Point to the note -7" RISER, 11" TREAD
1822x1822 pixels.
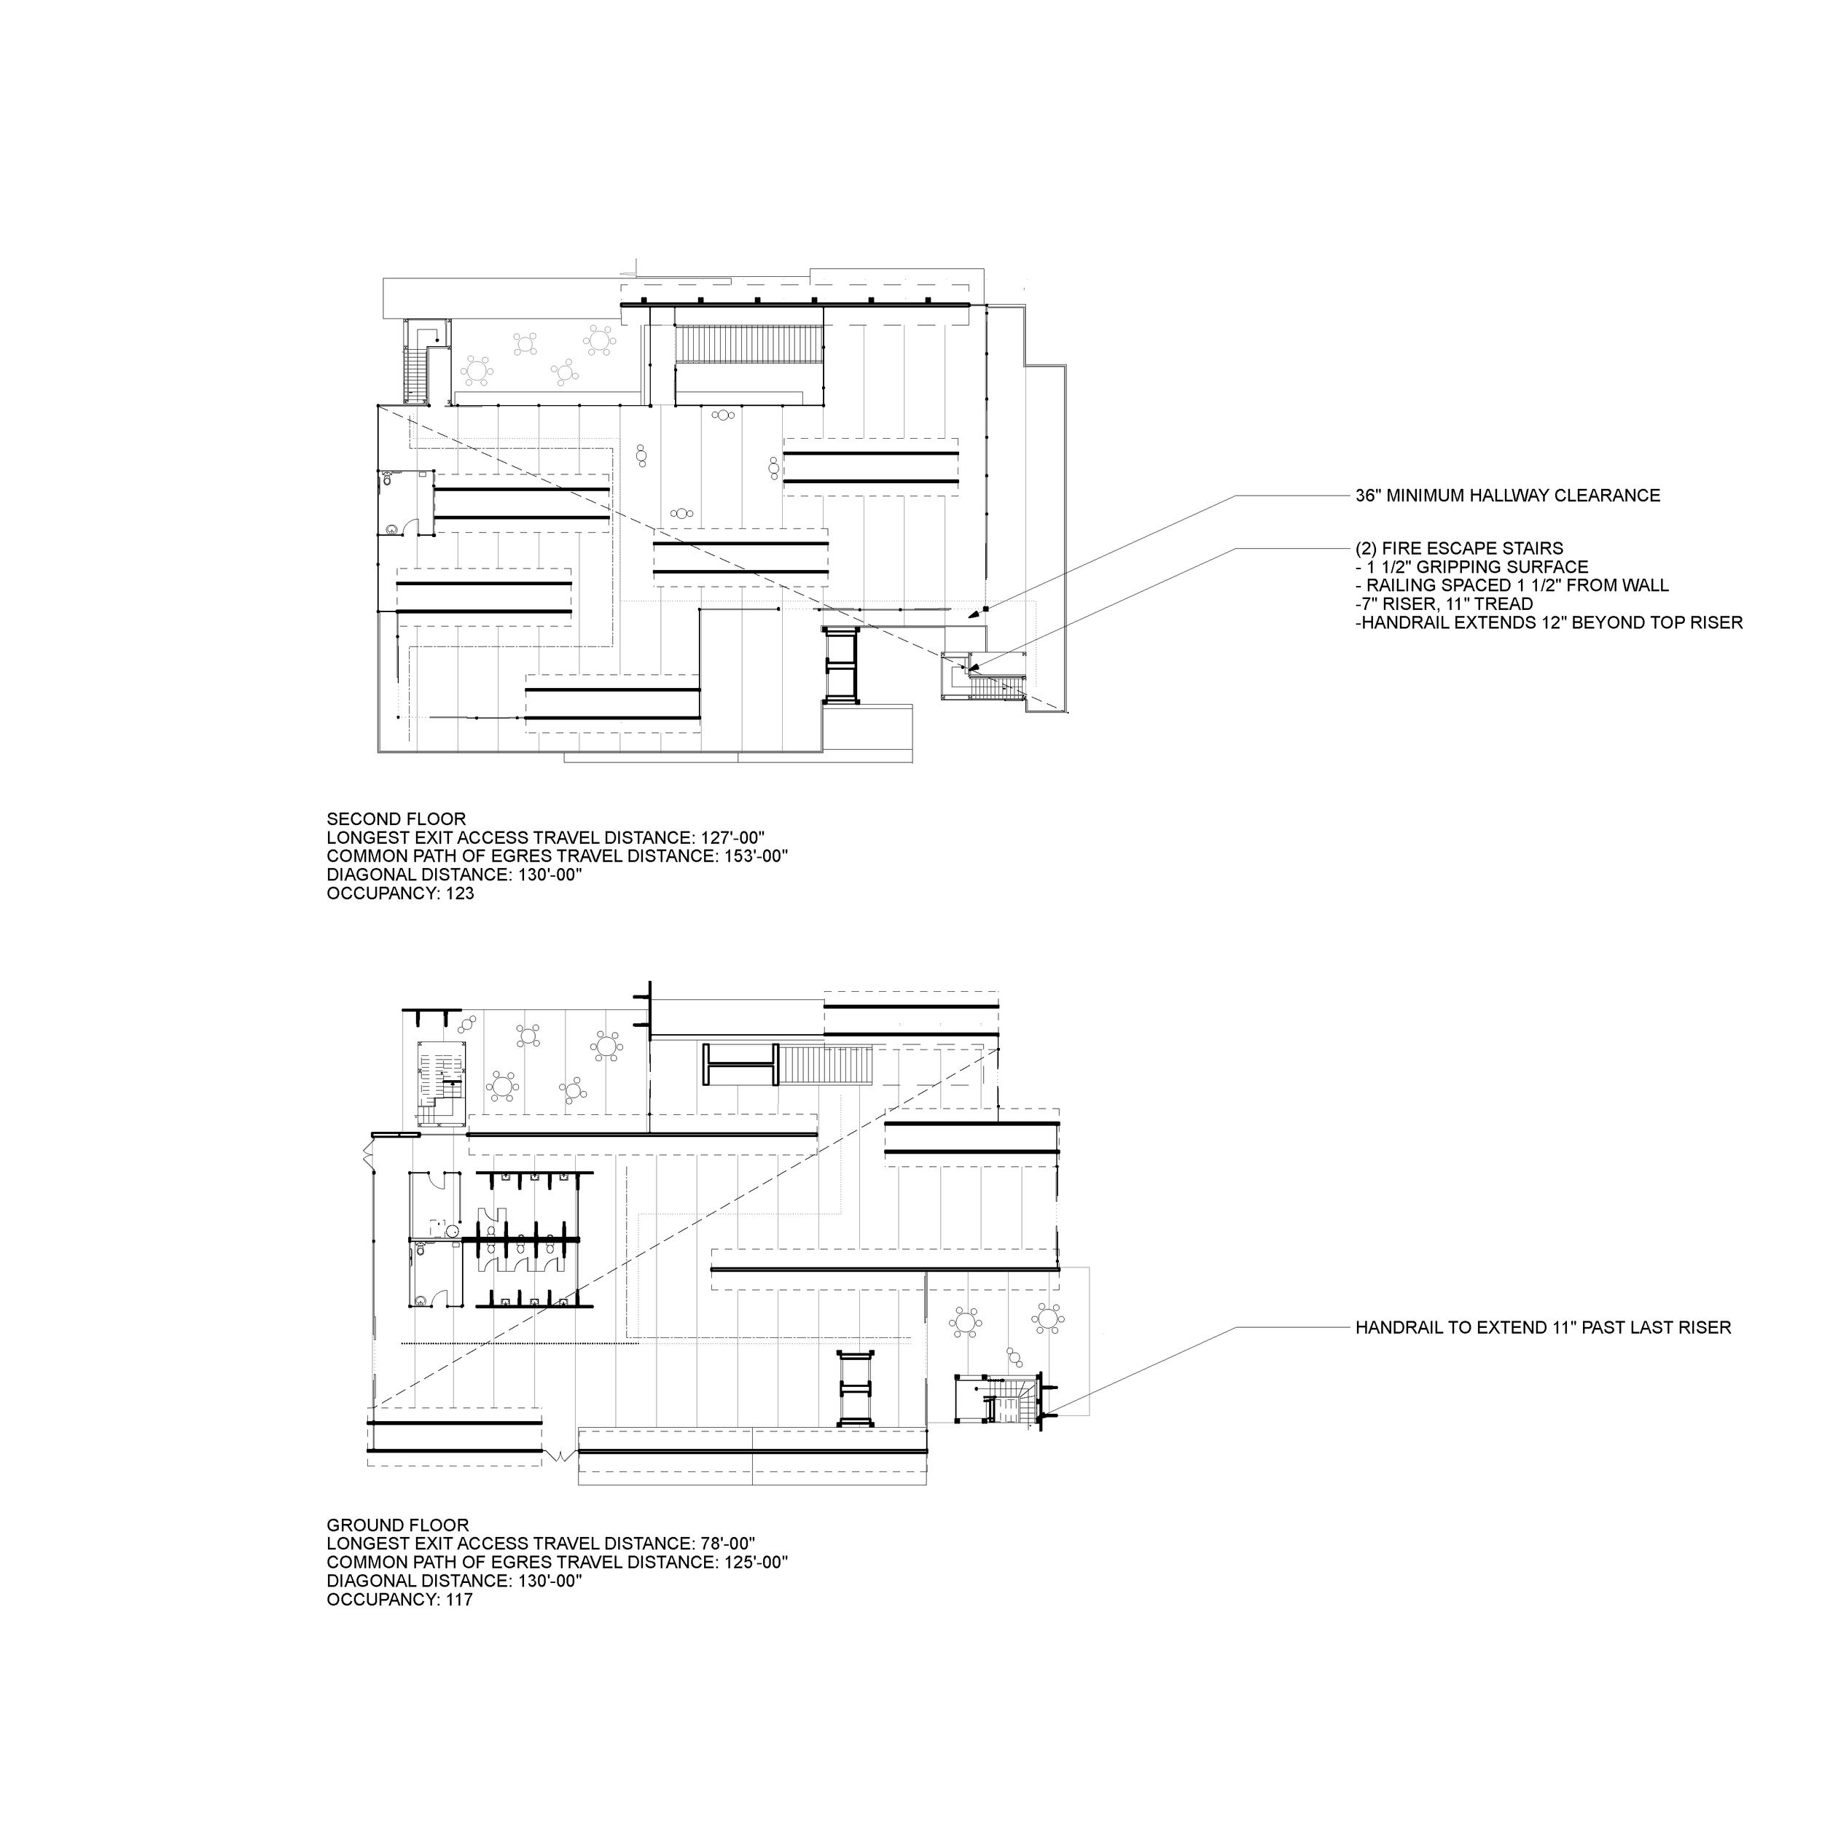pyautogui.click(x=1444, y=604)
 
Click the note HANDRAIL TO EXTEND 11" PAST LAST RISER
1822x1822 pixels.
pyautogui.click(x=1543, y=1328)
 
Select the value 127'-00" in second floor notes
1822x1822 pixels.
pyautogui.click(x=729, y=838)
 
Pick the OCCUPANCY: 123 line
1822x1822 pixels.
pyautogui.click(x=400, y=893)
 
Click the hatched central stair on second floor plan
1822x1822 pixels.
pyautogui.click(x=750, y=343)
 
